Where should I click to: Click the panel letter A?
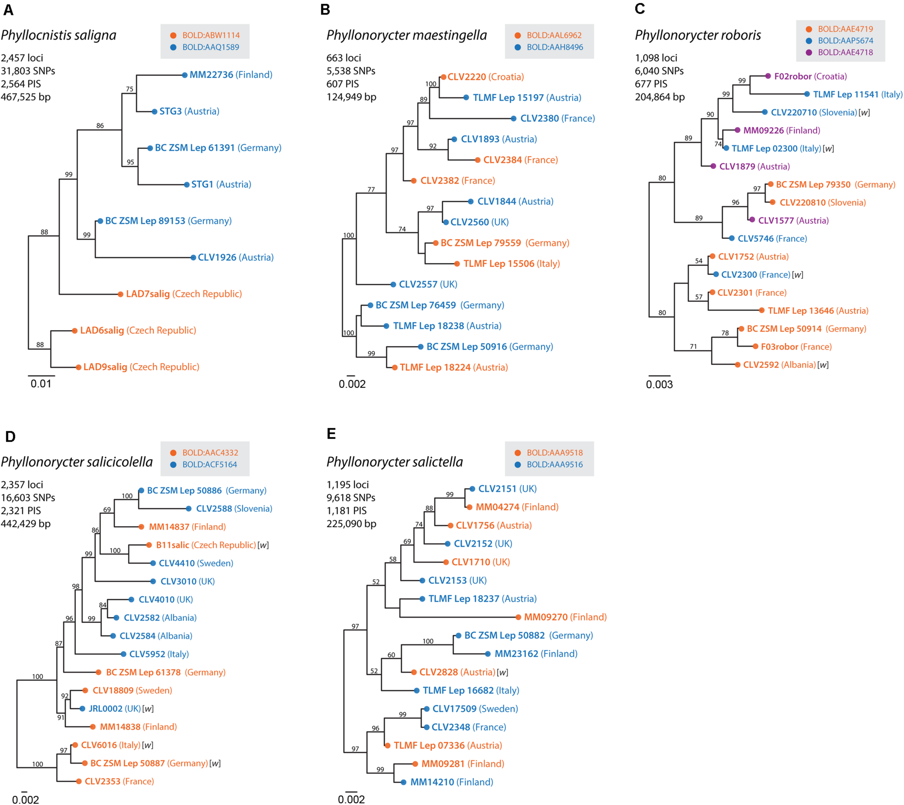[x=8, y=10]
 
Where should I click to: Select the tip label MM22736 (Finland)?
[x=230, y=75]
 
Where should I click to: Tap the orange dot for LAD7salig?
[x=120, y=294]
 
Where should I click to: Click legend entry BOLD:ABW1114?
[x=210, y=35]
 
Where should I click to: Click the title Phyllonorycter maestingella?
[x=406, y=35]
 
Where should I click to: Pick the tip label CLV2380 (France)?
[x=557, y=119]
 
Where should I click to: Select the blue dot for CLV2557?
[x=393, y=284]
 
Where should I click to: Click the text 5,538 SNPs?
[x=351, y=71]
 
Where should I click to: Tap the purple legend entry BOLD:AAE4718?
[x=845, y=52]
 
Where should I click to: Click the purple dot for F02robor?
[x=768, y=76]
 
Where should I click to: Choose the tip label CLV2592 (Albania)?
[x=779, y=365]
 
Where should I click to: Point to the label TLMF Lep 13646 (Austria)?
[x=818, y=311]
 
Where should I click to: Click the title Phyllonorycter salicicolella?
[x=77, y=462]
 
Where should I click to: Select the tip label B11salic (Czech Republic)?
[x=206, y=545]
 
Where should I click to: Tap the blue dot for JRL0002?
[x=82, y=708]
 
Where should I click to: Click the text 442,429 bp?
[x=26, y=524]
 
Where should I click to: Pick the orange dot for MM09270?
[x=518, y=617]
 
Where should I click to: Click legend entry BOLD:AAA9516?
[x=554, y=464]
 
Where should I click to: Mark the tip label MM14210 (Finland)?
[x=451, y=782]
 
